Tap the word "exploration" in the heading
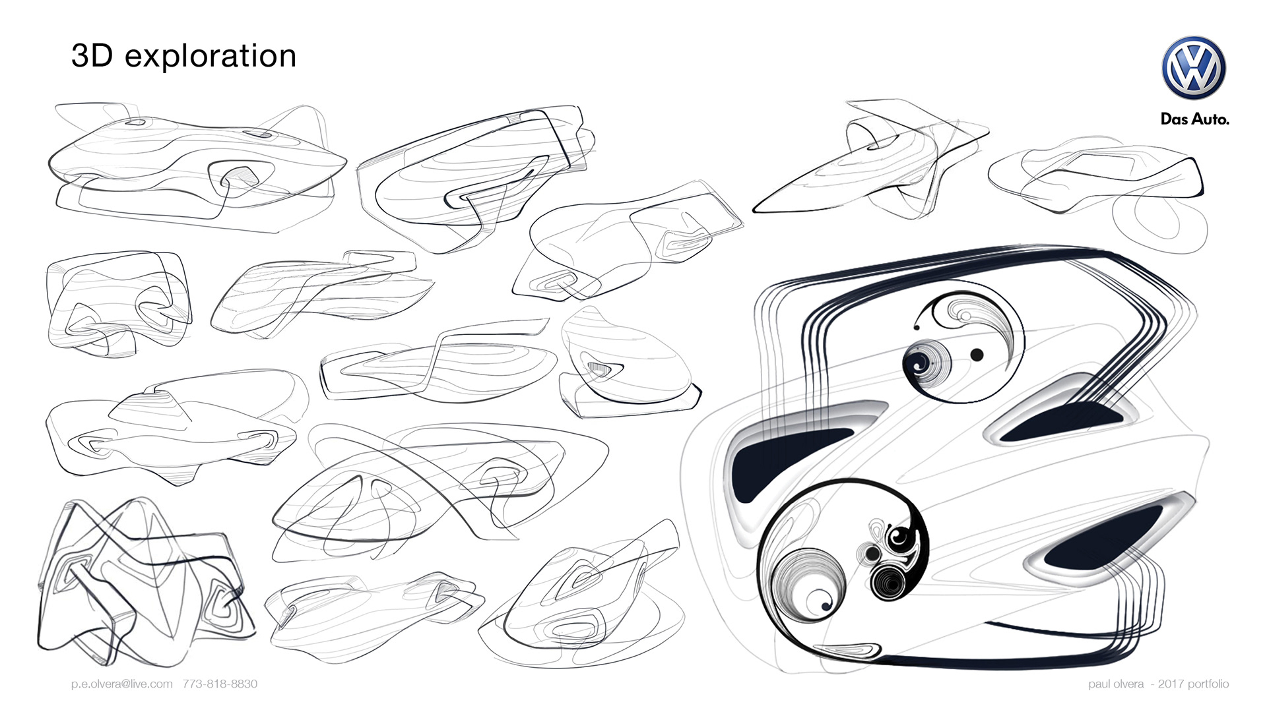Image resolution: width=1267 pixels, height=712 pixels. click(211, 57)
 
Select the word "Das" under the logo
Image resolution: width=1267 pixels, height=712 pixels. click(1175, 119)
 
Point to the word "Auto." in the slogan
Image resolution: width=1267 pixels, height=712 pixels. click(1210, 119)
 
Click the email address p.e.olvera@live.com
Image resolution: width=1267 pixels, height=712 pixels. click(122, 684)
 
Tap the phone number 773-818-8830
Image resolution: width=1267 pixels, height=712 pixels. click(220, 684)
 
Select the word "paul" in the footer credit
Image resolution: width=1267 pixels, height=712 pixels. click(1101, 684)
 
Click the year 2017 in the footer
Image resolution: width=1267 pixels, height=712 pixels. click(1171, 684)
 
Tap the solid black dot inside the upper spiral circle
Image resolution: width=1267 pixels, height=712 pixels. click(977, 355)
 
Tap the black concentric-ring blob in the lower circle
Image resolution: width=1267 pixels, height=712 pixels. click(888, 581)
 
